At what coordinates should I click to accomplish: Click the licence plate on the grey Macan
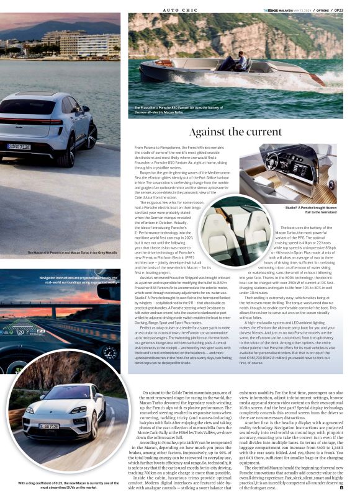[x=19, y=146]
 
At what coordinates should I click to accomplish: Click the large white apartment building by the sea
[x=81, y=43]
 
